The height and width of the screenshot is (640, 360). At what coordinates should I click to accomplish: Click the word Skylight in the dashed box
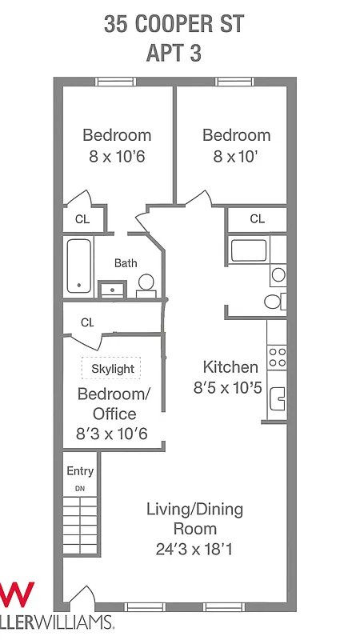point(112,369)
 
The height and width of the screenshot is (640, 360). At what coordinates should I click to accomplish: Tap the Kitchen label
point(230,367)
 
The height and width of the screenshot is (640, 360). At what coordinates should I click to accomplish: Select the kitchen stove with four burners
point(277,356)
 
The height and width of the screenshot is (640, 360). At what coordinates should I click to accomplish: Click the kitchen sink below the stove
point(278,398)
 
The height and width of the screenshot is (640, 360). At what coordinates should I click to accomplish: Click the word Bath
point(126,262)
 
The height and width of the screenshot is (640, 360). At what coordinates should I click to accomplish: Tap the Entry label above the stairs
point(80,471)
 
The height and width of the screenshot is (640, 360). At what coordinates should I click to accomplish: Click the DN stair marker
point(80,487)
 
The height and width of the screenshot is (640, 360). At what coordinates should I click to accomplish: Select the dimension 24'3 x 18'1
point(194,550)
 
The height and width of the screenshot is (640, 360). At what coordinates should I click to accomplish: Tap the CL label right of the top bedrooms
point(257,218)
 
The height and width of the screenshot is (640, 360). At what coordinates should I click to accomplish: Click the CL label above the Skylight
point(87,322)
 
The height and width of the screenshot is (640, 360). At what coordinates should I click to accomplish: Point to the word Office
point(114,414)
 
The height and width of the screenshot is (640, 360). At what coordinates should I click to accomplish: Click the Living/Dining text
point(194,509)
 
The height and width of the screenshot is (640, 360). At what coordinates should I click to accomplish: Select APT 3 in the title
point(174,54)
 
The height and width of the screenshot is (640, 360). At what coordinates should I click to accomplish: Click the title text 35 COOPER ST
point(174,24)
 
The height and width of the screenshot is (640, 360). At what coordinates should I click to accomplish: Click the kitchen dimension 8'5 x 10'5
point(228,388)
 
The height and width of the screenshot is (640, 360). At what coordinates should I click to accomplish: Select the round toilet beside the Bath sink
point(146,282)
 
